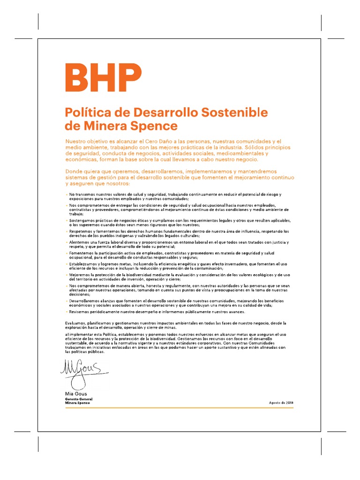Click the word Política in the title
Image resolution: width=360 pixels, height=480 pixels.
coord(84,112)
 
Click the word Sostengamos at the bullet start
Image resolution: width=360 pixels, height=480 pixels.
coord(82,220)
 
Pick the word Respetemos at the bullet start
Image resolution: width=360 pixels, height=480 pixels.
coord(81,231)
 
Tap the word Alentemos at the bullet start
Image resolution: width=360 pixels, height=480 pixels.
coord(80,242)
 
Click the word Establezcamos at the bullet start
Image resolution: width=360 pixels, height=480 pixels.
coord(84,264)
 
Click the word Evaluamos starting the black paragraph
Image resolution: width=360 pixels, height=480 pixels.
coord(75,323)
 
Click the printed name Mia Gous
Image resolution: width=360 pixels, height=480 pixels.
coord(75,394)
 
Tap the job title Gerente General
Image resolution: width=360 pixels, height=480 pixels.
coord(78,398)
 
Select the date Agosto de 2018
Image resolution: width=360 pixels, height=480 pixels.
coord(281,403)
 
